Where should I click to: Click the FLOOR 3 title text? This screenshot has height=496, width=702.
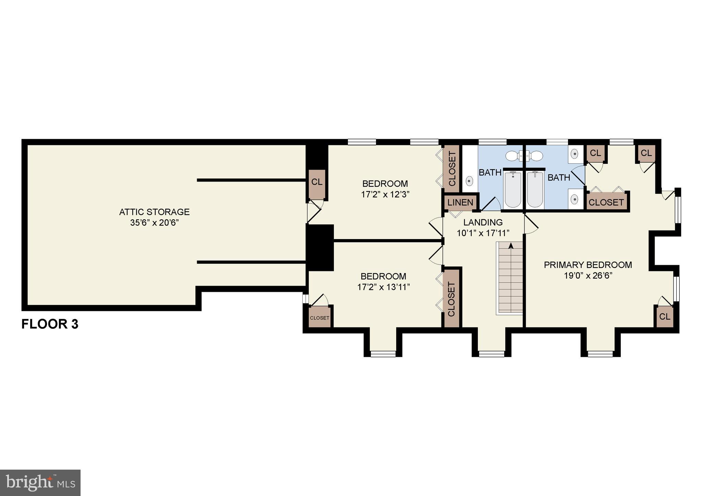(x=50, y=324)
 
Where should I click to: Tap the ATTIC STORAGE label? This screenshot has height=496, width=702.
(x=154, y=212)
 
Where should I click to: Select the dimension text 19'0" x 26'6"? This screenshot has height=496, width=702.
(x=588, y=276)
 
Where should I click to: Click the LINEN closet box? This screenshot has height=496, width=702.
(x=460, y=202)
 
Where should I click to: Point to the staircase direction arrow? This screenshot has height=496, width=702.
(x=511, y=245)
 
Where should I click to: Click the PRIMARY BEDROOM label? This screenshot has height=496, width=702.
(x=588, y=265)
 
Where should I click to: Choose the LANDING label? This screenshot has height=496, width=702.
(x=483, y=222)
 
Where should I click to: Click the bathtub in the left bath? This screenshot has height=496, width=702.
(x=513, y=189)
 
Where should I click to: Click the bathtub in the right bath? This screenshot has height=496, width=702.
(x=535, y=189)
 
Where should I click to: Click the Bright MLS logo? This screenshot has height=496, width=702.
(x=40, y=483)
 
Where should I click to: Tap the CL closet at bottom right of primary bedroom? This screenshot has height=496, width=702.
(x=664, y=317)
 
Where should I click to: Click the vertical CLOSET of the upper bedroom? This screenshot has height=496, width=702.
(x=451, y=169)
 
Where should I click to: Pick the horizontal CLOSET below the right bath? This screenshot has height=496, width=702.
(x=606, y=202)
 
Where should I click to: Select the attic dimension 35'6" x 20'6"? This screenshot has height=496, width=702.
(x=154, y=223)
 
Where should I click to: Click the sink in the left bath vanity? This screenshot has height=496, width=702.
(x=470, y=181)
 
